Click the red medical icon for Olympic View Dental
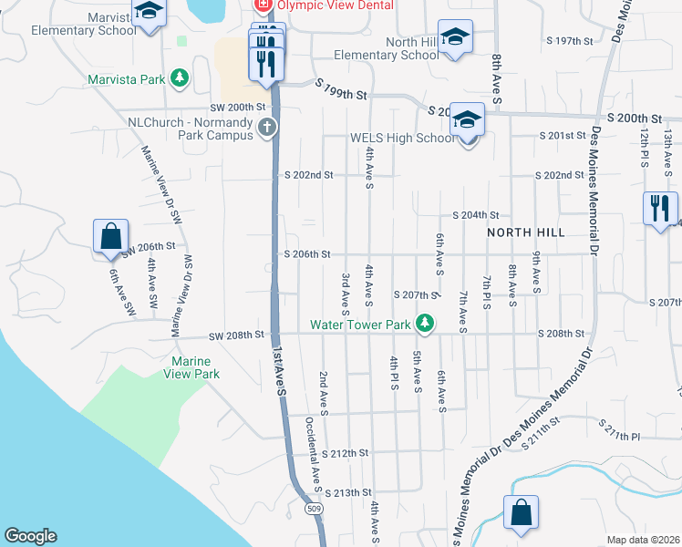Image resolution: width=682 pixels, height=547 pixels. coord(263,5)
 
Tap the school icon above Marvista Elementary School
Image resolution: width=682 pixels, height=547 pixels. coord(148,12)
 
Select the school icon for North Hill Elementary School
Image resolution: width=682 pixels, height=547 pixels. coord(454,37)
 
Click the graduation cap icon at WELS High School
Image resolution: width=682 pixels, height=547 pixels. coord(467,121)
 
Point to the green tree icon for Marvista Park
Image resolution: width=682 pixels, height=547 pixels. coord(180,78)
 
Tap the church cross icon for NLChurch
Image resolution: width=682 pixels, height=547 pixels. coord(266,127)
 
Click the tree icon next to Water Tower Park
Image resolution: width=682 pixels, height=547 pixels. coord(424,323)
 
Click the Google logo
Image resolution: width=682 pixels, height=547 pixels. coord(30,536)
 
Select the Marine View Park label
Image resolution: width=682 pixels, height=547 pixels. coord(191,367)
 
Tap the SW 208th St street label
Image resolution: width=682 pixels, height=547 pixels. coord(235,335)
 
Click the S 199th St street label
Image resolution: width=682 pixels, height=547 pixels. coord(342,89)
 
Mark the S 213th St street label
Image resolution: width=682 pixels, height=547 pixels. coord(346,491)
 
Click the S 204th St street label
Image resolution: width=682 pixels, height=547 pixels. coord(476,215)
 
